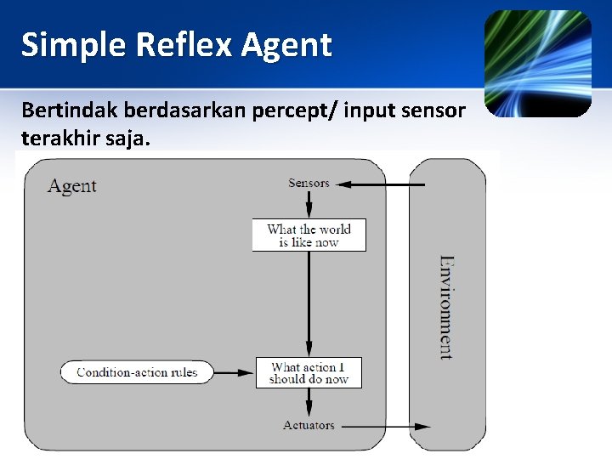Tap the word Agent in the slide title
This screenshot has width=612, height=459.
(x=286, y=44)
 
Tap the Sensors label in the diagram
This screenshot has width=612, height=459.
(x=309, y=183)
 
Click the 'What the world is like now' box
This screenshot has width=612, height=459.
(x=309, y=235)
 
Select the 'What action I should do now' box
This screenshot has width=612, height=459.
(x=309, y=373)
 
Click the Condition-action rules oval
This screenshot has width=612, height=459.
(x=137, y=372)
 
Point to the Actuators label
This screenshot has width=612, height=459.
(x=309, y=425)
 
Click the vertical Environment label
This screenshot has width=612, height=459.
(x=446, y=307)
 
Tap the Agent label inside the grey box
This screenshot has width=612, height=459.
(x=72, y=186)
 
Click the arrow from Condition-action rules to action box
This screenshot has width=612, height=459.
(x=235, y=372)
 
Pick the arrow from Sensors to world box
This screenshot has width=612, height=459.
(x=309, y=204)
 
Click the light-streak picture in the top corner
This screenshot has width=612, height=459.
(x=537, y=64)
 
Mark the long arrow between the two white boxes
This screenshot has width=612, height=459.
(x=309, y=304)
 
